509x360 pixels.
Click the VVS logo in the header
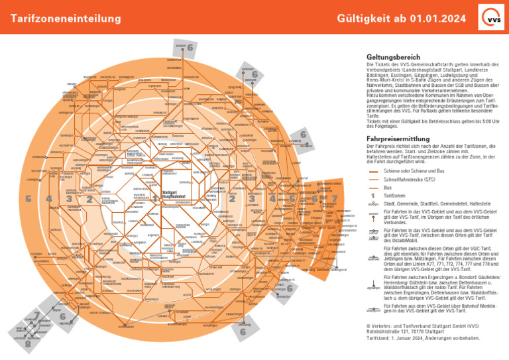(491, 18)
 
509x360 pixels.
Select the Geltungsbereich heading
(394, 57)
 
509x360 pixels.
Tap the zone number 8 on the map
(28, 345)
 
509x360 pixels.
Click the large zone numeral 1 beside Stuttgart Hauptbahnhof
(154, 198)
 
